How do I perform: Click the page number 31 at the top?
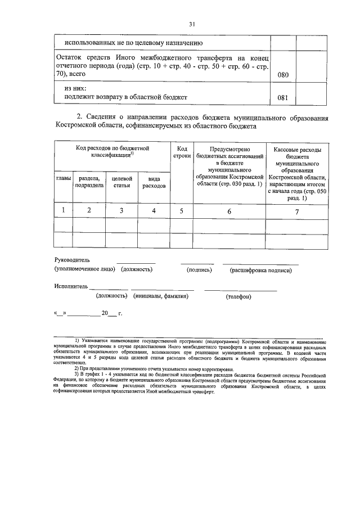tap(192, 24)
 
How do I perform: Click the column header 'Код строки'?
tap(181, 151)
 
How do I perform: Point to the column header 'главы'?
tap(64, 178)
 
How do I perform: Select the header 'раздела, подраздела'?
tap(89, 181)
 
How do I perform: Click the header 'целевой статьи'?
tap(121, 181)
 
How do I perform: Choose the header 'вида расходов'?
tap(154, 181)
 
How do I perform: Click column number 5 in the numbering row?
tap(181, 210)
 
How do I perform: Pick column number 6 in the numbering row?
tap(229, 210)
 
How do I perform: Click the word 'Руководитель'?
tap(72, 260)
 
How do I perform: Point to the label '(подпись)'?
tap(199, 270)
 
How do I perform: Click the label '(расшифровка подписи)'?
tap(261, 270)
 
